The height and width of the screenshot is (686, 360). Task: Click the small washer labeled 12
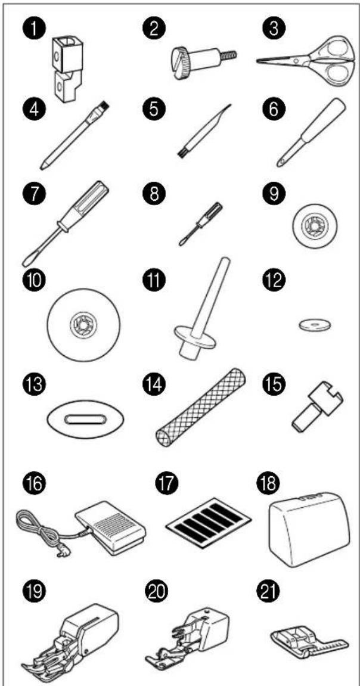click(315, 325)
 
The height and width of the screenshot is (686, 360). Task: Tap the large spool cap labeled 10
click(315, 224)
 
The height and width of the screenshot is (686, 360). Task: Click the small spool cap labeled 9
click(83, 324)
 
